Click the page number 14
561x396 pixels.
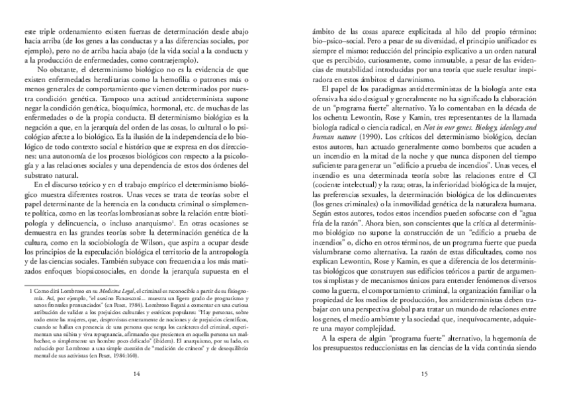click(x=136, y=374)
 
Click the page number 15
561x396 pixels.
click(x=423, y=374)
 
